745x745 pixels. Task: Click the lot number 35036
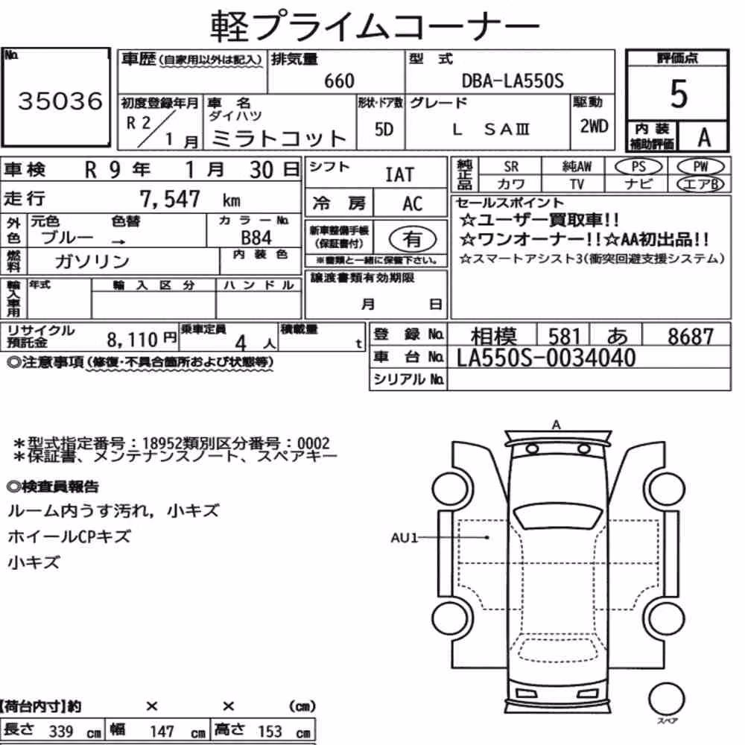point(60,101)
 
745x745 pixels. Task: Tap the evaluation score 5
point(679,94)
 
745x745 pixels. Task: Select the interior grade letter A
point(704,138)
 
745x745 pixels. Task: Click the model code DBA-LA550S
point(513,80)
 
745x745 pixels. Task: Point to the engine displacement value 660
point(339,80)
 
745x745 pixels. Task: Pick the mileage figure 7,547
point(170,199)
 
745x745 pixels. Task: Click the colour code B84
point(256,238)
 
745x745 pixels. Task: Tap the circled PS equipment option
point(638,167)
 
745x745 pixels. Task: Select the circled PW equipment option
point(700,166)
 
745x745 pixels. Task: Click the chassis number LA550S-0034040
point(546,358)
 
